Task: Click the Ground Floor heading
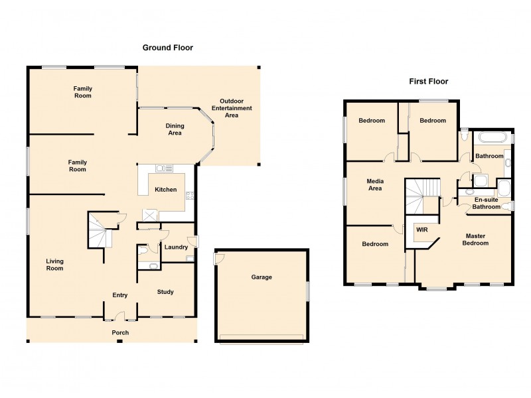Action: (167, 48)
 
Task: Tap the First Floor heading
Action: (428, 82)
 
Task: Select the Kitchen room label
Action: (166, 190)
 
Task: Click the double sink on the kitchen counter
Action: (164, 168)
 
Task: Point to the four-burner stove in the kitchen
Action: (190, 195)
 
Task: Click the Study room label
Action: (165, 292)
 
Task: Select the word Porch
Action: (120, 332)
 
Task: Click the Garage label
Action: (261, 277)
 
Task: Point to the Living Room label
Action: (54, 265)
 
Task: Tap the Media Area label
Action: (375, 184)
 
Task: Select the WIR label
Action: (421, 230)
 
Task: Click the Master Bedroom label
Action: (477, 239)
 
